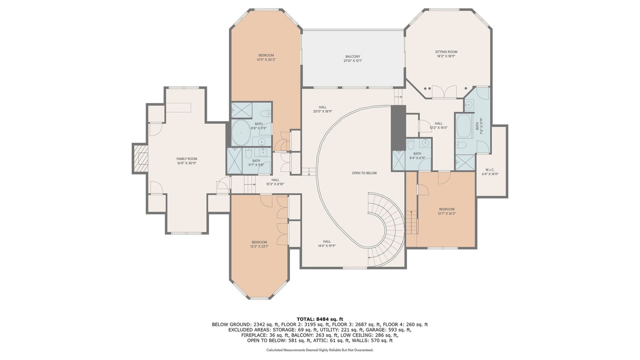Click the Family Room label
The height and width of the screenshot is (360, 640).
(x=187, y=159)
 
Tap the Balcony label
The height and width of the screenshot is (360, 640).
(x=352, y=57)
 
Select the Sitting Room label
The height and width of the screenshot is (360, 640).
(x=446, y=52)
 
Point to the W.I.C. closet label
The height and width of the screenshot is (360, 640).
(x=489, y=169)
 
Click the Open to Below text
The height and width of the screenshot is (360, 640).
(x=364, y=173)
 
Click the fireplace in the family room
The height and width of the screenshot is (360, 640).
(x=140, y=159)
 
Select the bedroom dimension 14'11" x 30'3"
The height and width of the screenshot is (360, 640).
(x=266, y=60)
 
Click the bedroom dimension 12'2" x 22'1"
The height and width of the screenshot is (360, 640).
(x=259, y=246)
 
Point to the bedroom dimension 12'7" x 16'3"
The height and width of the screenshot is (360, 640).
(x=446, y=214)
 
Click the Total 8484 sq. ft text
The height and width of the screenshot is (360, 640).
(x=320, y=319)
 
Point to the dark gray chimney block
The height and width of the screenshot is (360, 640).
(x=398, y=128)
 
